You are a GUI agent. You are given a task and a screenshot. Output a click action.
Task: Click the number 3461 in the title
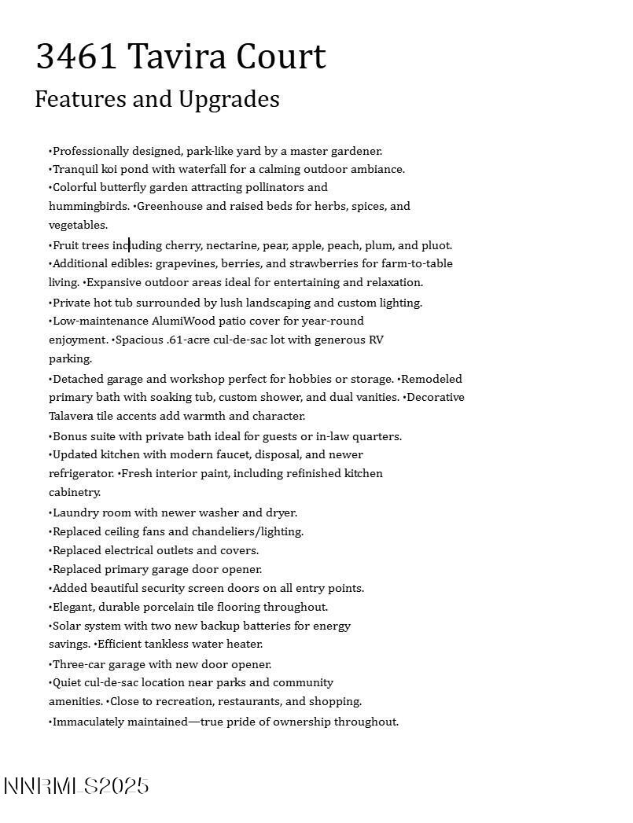pyautogui.click(x=76, y=57)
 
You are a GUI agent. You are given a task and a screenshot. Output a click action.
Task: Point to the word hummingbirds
pyautogui.click(x=89, y=206)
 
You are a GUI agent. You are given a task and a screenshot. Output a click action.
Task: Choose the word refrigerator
pyautogui.click(x=81, y=473)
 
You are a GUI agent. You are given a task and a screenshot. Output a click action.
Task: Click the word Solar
pyautogui.click(x=68, y=626)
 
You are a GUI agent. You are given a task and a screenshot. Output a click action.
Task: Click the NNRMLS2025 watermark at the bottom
pyautogui.click(x=76, y=786)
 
